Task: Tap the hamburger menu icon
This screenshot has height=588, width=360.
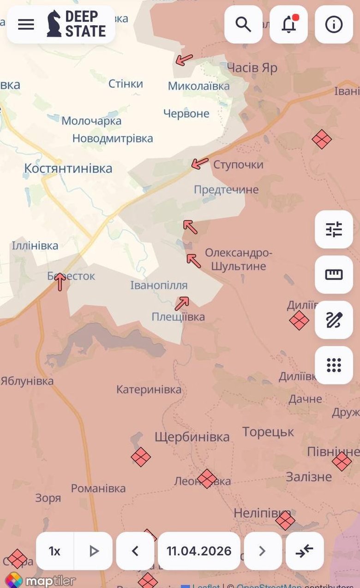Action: [26, 24]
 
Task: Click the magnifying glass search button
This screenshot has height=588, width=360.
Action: [243, 24]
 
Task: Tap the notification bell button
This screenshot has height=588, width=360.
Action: [289, 24]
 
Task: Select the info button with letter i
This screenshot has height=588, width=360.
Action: [334, 24]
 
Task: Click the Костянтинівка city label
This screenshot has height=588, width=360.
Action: [68, 168]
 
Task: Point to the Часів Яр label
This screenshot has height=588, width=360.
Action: [252, 68]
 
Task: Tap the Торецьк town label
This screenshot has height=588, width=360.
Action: [268, 432]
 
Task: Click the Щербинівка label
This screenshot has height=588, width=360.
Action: [192, 437]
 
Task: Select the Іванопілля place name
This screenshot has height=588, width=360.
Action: [159, 286]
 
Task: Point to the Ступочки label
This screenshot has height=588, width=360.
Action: [238, 165]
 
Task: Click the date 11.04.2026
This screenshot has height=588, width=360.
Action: [199, 551]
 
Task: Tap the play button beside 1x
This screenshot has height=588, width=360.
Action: [94, 551]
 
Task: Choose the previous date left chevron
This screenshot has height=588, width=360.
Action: [135, 551]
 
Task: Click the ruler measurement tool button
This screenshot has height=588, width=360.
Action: [334, 275]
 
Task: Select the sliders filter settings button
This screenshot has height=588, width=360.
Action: [334, 229]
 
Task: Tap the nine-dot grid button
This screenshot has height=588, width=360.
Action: [334, 365]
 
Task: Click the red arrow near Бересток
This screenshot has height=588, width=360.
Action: [60, 282]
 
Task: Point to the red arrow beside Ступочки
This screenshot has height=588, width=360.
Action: [200, 163]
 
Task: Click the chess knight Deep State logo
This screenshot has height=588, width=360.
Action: [54, 24]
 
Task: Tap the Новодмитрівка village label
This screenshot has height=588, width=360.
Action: [113, 138]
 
